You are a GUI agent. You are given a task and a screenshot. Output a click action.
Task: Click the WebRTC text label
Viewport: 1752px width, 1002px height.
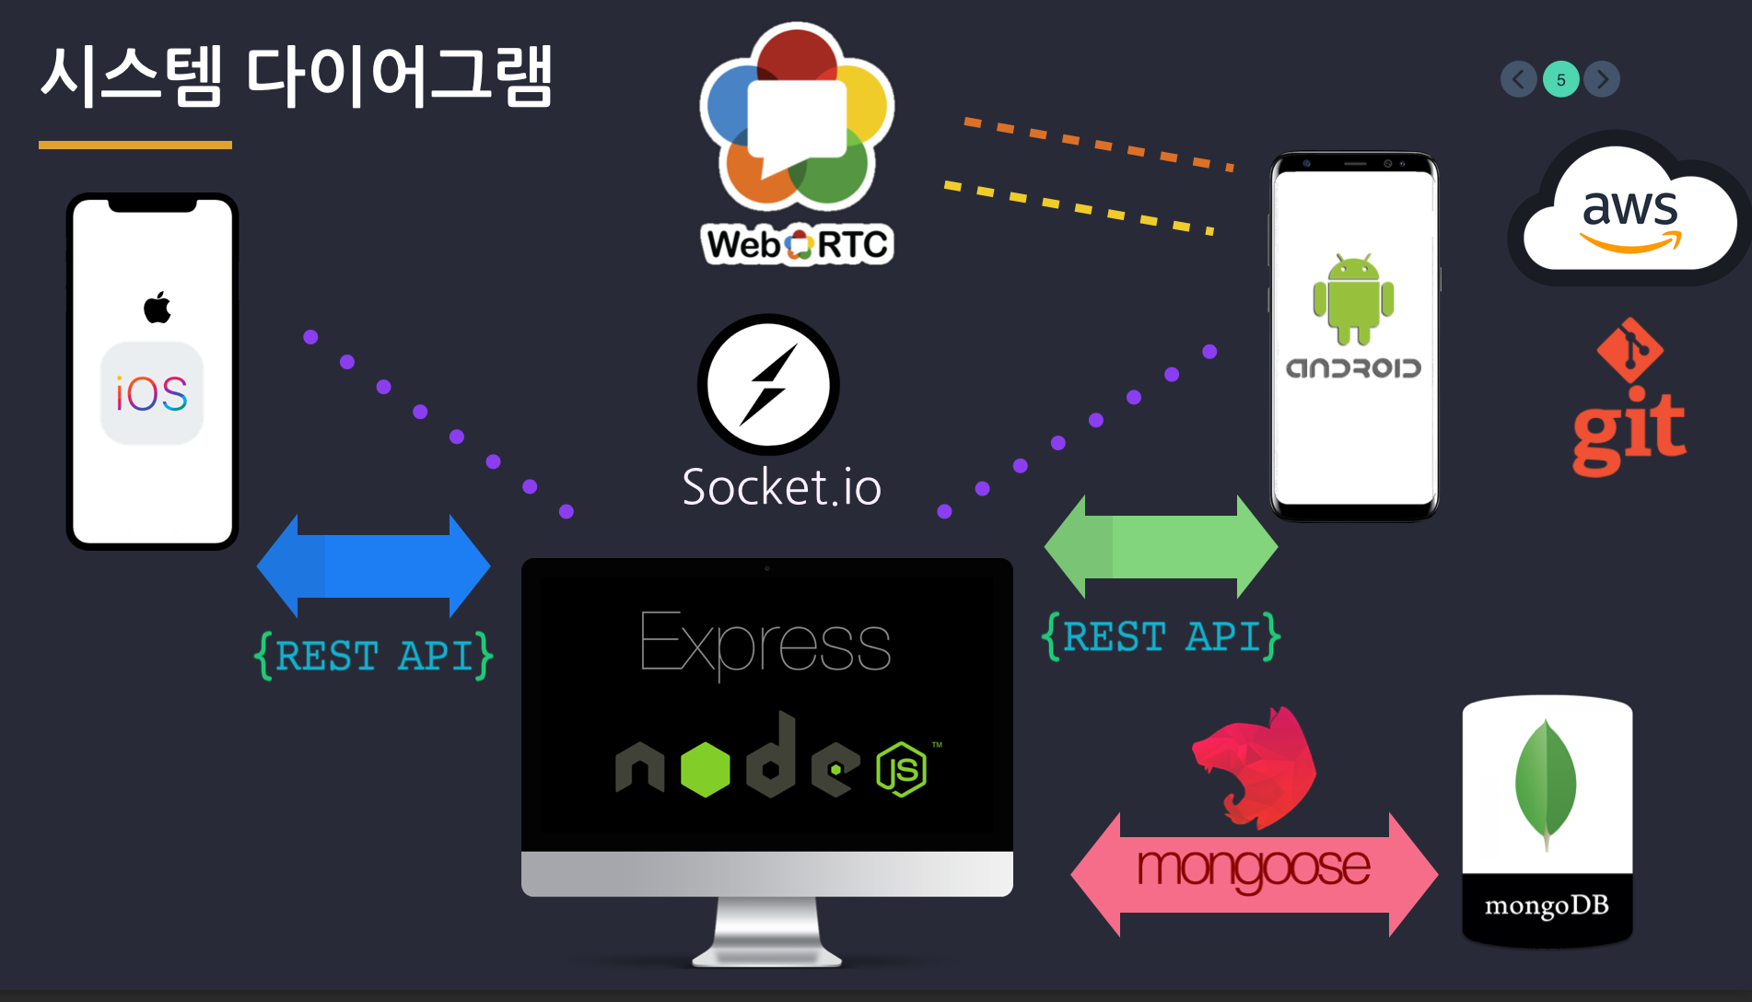coord(798,245)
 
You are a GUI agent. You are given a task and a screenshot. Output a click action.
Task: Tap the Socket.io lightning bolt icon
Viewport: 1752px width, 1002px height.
coord(768,384)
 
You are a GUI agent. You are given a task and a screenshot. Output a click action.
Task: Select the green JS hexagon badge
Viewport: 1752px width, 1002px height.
coord(901,769)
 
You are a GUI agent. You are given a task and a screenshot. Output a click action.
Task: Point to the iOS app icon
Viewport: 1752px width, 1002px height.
coord(152,393)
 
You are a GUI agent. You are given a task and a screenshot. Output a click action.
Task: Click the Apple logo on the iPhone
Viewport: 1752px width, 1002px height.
coord(158,307)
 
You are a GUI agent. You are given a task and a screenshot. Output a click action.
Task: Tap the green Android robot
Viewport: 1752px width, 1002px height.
coord(1353,300)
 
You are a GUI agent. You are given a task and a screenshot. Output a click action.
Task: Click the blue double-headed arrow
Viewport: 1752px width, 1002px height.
coord(373,565)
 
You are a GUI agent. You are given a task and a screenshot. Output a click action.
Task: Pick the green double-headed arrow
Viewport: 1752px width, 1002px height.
coord(1161,547)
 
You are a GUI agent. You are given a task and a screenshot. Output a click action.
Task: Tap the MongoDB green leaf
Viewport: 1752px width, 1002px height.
coord(1546,784)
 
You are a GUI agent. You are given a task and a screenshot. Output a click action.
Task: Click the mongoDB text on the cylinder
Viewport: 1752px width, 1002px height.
coord(1547,906)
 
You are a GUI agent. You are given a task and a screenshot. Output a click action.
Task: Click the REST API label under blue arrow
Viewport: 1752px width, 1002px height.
coord(373,656)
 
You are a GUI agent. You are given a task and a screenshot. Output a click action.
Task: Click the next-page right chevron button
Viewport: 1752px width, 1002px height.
coord(1602,79)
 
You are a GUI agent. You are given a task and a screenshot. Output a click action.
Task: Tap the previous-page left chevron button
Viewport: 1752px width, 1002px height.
coord(1518,79)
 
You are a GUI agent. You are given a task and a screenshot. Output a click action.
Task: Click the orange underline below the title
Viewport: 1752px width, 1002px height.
coord(135,145)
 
